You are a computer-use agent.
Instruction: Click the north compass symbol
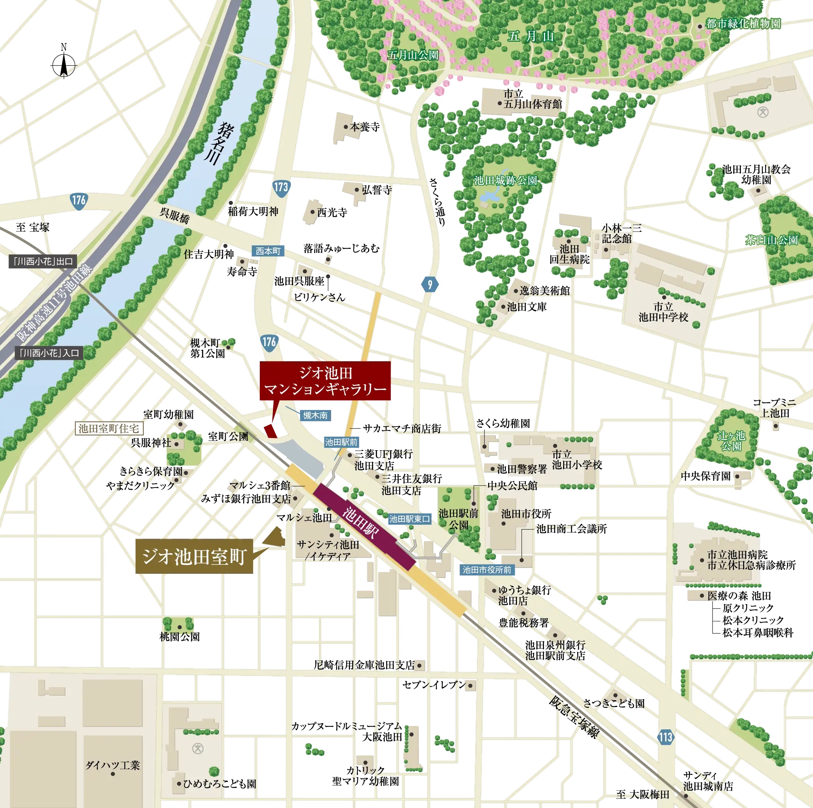pos(64,65)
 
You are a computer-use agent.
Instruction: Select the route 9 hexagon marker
pos(430,285)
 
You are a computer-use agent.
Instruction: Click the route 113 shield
pos(666,737)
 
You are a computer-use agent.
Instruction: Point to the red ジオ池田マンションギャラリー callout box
pos(325,381)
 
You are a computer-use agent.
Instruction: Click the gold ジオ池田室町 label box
pos(194,556)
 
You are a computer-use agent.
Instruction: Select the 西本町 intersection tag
pos(268,251)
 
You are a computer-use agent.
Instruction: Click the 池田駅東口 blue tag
pos(409,519)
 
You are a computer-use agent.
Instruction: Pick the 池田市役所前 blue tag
pos(487,570)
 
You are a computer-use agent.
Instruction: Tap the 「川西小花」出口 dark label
pos(43,262)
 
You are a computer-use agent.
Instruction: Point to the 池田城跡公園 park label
pos(506,181)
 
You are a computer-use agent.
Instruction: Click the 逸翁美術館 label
pos(544,291)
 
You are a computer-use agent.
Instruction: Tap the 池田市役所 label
pos(526,514)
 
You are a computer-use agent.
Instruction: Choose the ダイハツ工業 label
pos(112,765)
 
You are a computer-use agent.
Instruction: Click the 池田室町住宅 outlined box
pos(109,429)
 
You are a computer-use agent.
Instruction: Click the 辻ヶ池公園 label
pos(731,441)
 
